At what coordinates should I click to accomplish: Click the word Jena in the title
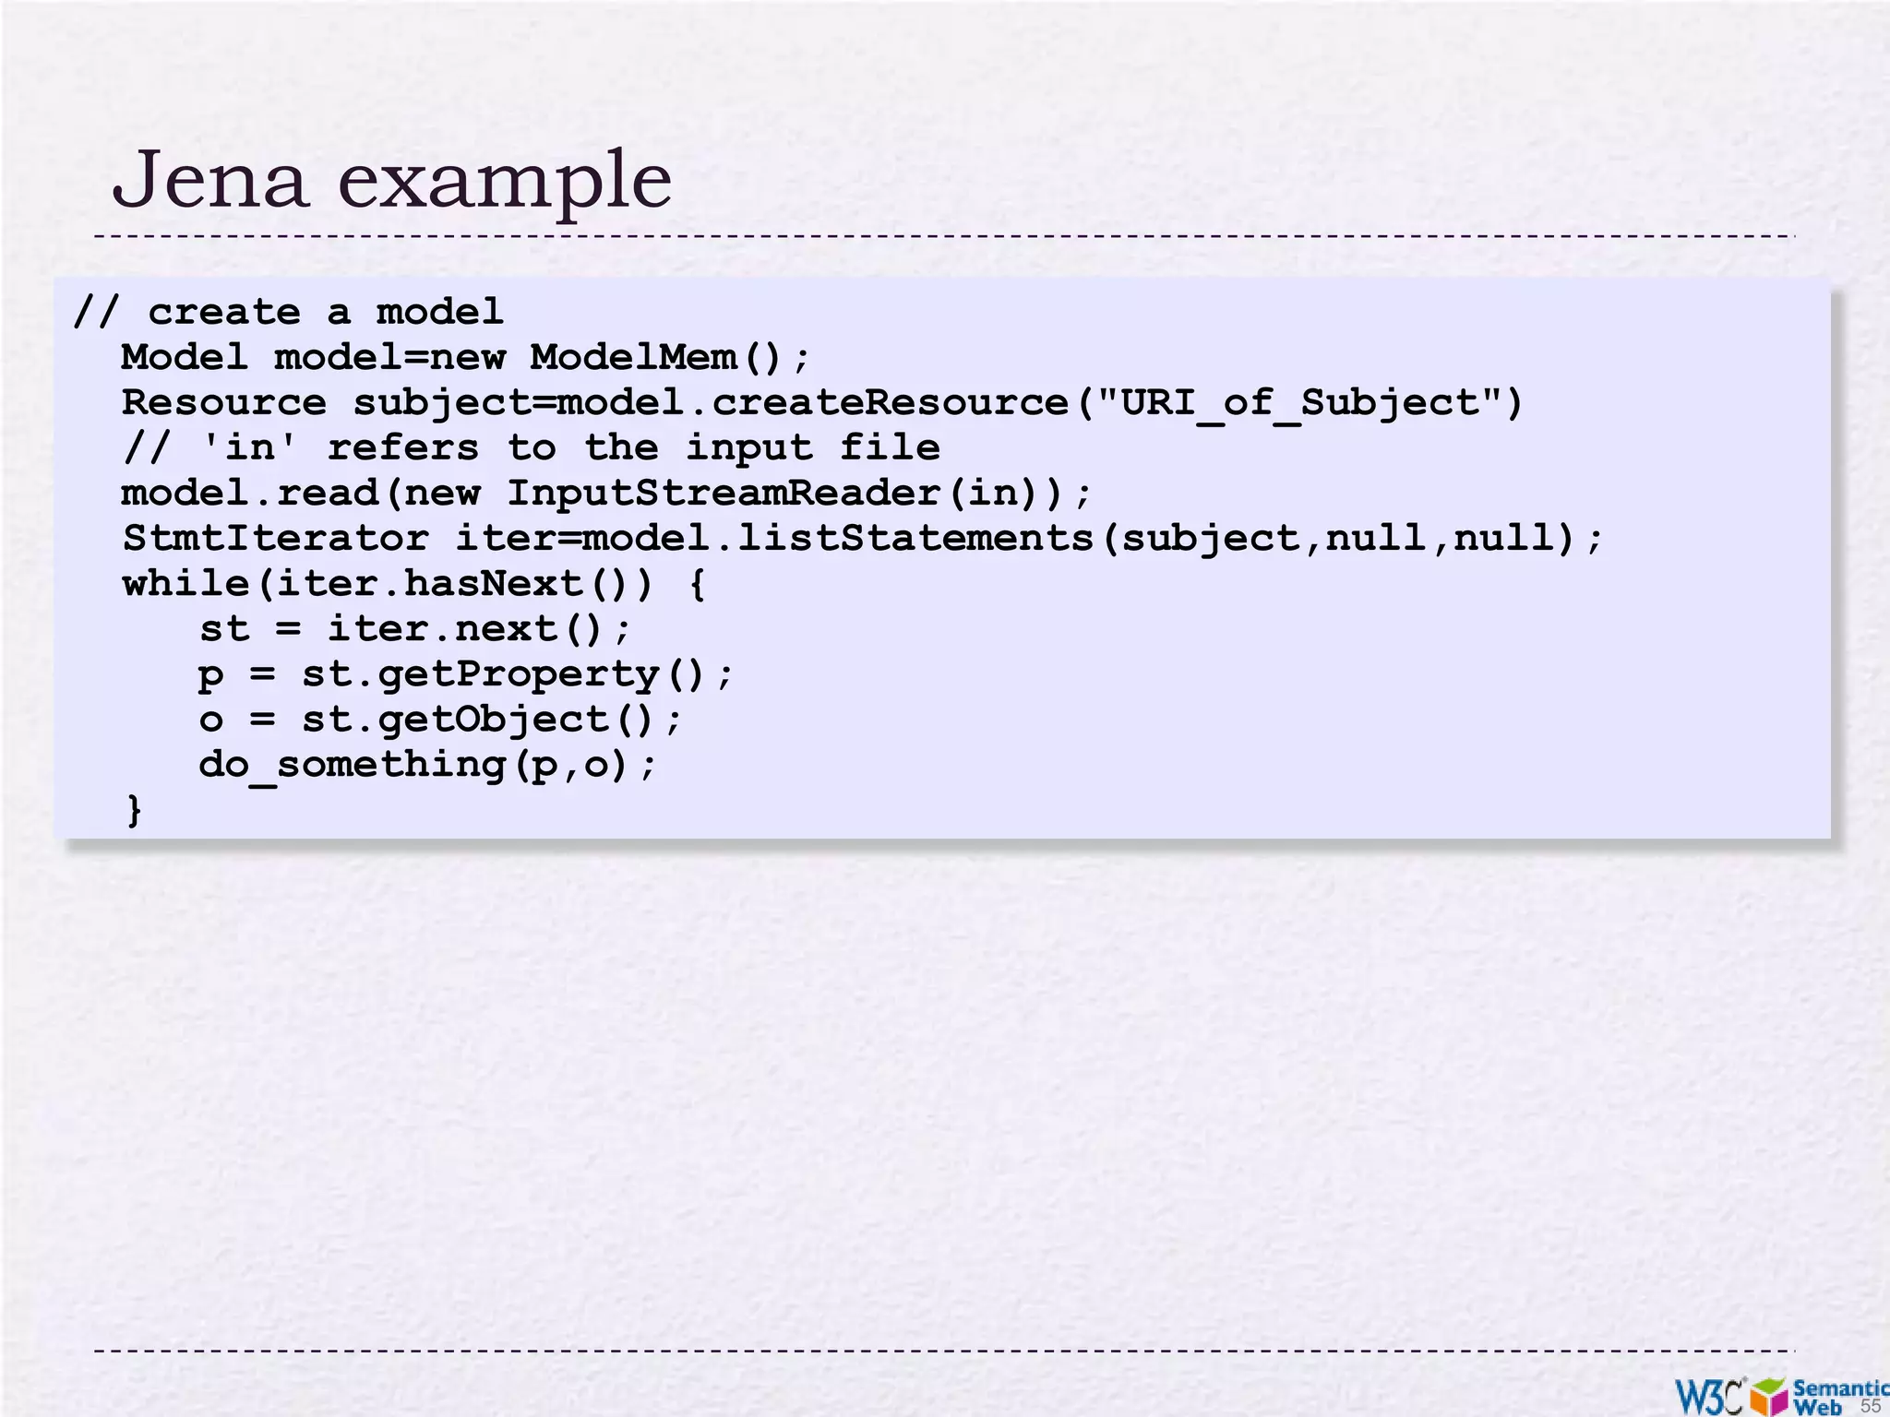209,179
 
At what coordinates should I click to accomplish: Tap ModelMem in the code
633,357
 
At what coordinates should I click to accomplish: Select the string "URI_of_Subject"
1300,402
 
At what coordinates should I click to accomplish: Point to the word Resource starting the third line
223,402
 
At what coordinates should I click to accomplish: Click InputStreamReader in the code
724,493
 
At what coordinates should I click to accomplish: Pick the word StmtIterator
275,538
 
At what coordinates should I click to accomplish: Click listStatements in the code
915,538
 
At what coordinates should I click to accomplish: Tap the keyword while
185,583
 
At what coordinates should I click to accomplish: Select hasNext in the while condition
493,583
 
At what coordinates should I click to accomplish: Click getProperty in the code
518,674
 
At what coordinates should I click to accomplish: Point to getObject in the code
493,720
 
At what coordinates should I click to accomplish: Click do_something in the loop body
352,765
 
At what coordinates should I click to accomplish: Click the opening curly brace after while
698,584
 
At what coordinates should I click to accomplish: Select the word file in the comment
890,447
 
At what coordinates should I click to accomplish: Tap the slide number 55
1870,1406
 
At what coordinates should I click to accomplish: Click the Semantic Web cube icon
1768,1396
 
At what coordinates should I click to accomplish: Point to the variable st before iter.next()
224,629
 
